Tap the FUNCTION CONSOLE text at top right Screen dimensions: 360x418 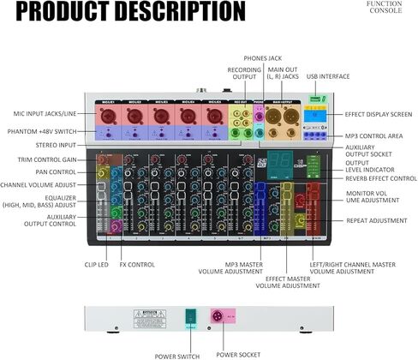coord(384,8)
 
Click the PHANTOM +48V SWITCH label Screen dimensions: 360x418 coord(41,131)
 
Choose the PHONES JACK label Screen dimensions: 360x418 coord(262,57)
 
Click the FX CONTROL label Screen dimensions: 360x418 coord(138,264)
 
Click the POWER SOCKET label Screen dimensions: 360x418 coord(236,354)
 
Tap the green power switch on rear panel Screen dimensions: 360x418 coord(190,316)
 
